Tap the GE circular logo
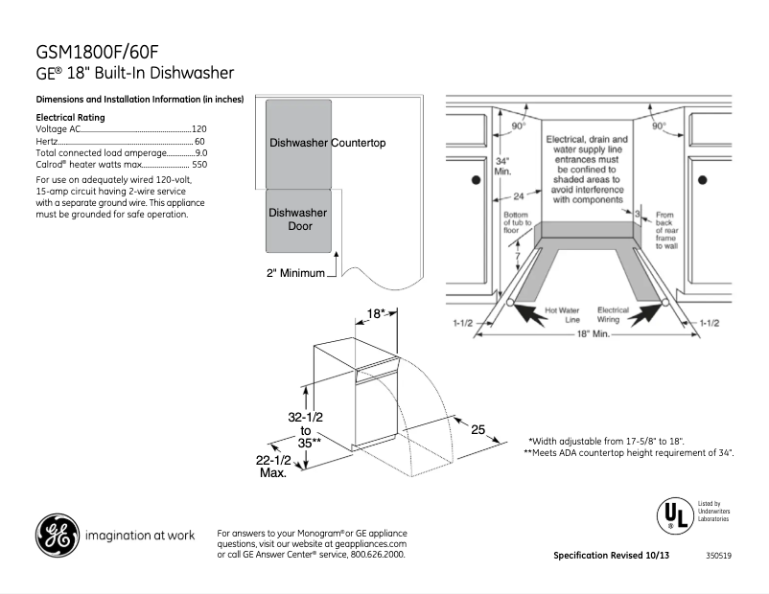(x=57, y=536)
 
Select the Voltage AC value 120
(x=198, y=128)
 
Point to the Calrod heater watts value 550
(x=198, y=165)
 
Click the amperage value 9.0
(x=199, y=152)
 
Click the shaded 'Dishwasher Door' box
(x=298, y=219)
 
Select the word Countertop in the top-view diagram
(x=359, y=143)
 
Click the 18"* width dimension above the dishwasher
(x=376, y=313)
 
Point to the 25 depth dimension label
(x=477, y=430)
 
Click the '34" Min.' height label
(x=501, y=166)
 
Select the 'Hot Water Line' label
(x=563, y=314)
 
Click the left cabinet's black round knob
(x=473, y=179)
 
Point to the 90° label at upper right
(x=659, y=126)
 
